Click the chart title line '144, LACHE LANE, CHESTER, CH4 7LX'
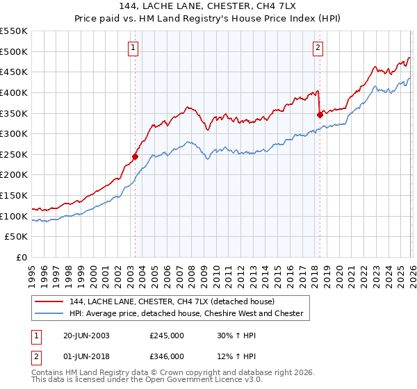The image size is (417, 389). (x=208, y=6)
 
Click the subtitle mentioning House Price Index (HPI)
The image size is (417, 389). (x=208, y=18)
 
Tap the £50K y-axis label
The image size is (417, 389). (x=17, y=237)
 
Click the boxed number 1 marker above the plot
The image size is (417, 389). (x=133, y=48)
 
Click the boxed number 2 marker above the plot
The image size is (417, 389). (x=318, y=48)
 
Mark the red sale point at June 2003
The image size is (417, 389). (x=136, y=156)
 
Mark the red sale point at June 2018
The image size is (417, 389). (x=320, y=115)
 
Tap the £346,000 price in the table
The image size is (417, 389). (x=167, y=356)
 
